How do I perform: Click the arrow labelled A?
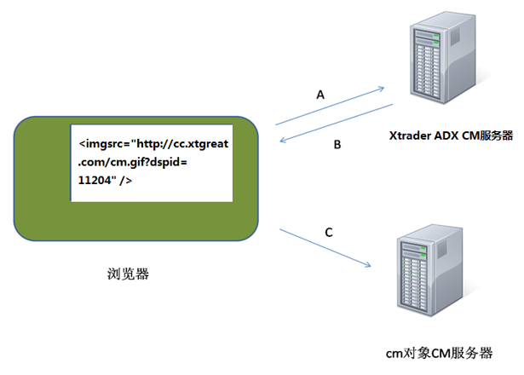[331, 106]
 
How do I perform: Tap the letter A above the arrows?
[320, 96]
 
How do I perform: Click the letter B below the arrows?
[337, 145]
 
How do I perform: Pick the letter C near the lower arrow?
[328, 231]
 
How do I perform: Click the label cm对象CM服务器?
[439, 352]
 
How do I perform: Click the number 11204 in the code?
[96, 181]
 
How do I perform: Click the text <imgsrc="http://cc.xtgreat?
[153, 143]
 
